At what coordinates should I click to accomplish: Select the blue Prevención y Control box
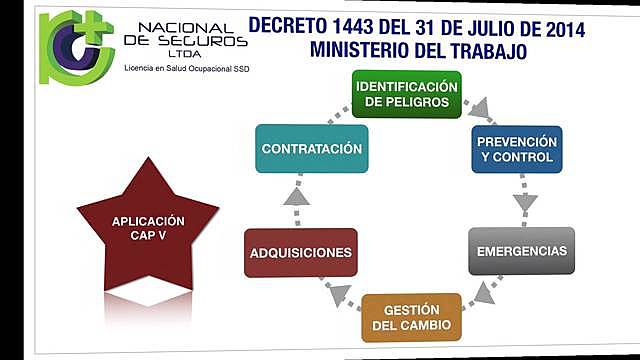[x=516, y=149]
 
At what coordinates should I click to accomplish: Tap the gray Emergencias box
[x=522, y=250]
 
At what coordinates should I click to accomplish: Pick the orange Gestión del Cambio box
[x=411, y=318]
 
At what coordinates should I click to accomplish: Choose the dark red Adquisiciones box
[x=300, y=252]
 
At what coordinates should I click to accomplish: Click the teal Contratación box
[x=310, y=149]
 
